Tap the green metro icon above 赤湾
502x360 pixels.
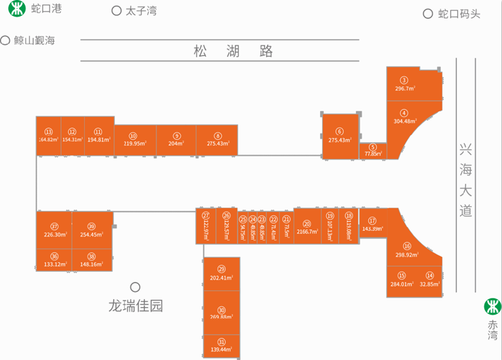(x=492, y=306)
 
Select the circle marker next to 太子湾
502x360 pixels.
(x=116, y=11)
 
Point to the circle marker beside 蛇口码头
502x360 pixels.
(x=428, y=14)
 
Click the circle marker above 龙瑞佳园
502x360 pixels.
(x=135, y=287)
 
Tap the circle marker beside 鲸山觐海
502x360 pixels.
(x=6, y=40)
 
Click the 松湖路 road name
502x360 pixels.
(x=233, y=51)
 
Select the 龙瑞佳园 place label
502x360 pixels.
(x=136, y=306)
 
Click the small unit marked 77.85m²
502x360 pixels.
(x=372, y=151)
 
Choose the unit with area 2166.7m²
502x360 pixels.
(x=307, y=226)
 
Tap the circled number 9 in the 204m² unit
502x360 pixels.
(x=176, y=135)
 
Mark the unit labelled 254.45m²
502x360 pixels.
(x=92, y=230)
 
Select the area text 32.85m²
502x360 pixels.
(x=429, y=284)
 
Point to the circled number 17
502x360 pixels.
(x=372, y=220)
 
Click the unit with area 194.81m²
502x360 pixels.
(x=98, y=135)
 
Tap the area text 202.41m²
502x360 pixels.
(x=221, y=278)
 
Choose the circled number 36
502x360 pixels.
(x=54, y=256)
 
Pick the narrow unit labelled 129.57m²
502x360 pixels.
(x=226, y=225)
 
